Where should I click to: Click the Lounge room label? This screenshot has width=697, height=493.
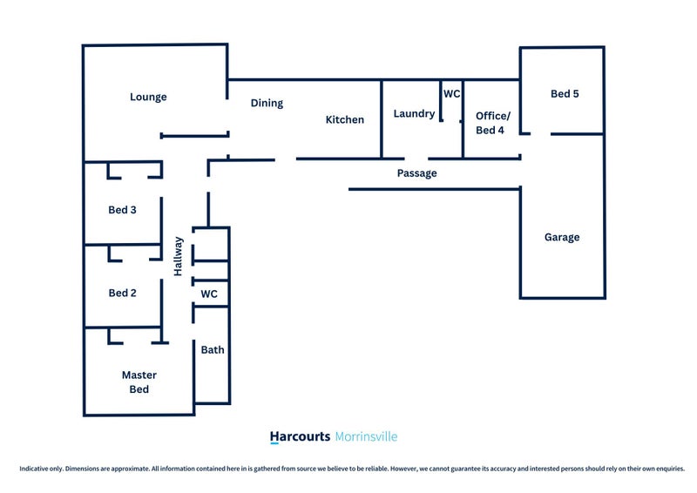click(148, 97)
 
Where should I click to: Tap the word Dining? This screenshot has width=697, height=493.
click(267, 103)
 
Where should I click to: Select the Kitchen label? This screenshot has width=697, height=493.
click(345, 119)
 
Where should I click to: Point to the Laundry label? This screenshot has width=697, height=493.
click(414, 113)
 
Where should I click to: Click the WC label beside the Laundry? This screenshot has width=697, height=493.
click(451, 93)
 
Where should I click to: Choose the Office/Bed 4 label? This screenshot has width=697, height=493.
click(492, 123)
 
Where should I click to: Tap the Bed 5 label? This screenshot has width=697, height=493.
click(565, 94)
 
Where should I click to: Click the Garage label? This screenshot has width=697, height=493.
click(562, 237)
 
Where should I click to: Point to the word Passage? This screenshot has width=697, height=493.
click(416, 173)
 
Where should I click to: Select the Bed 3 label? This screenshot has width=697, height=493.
click(122, 209)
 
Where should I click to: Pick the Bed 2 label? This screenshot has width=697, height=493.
click(122, 293)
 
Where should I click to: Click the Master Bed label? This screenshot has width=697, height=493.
click(139, 382)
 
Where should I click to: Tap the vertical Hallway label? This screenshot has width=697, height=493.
click(179, 256)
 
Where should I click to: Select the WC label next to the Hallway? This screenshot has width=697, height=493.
click(209, 294)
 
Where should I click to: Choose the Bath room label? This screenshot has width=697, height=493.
click(213, 350)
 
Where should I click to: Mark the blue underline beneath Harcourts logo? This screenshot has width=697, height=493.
click(274, 444)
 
